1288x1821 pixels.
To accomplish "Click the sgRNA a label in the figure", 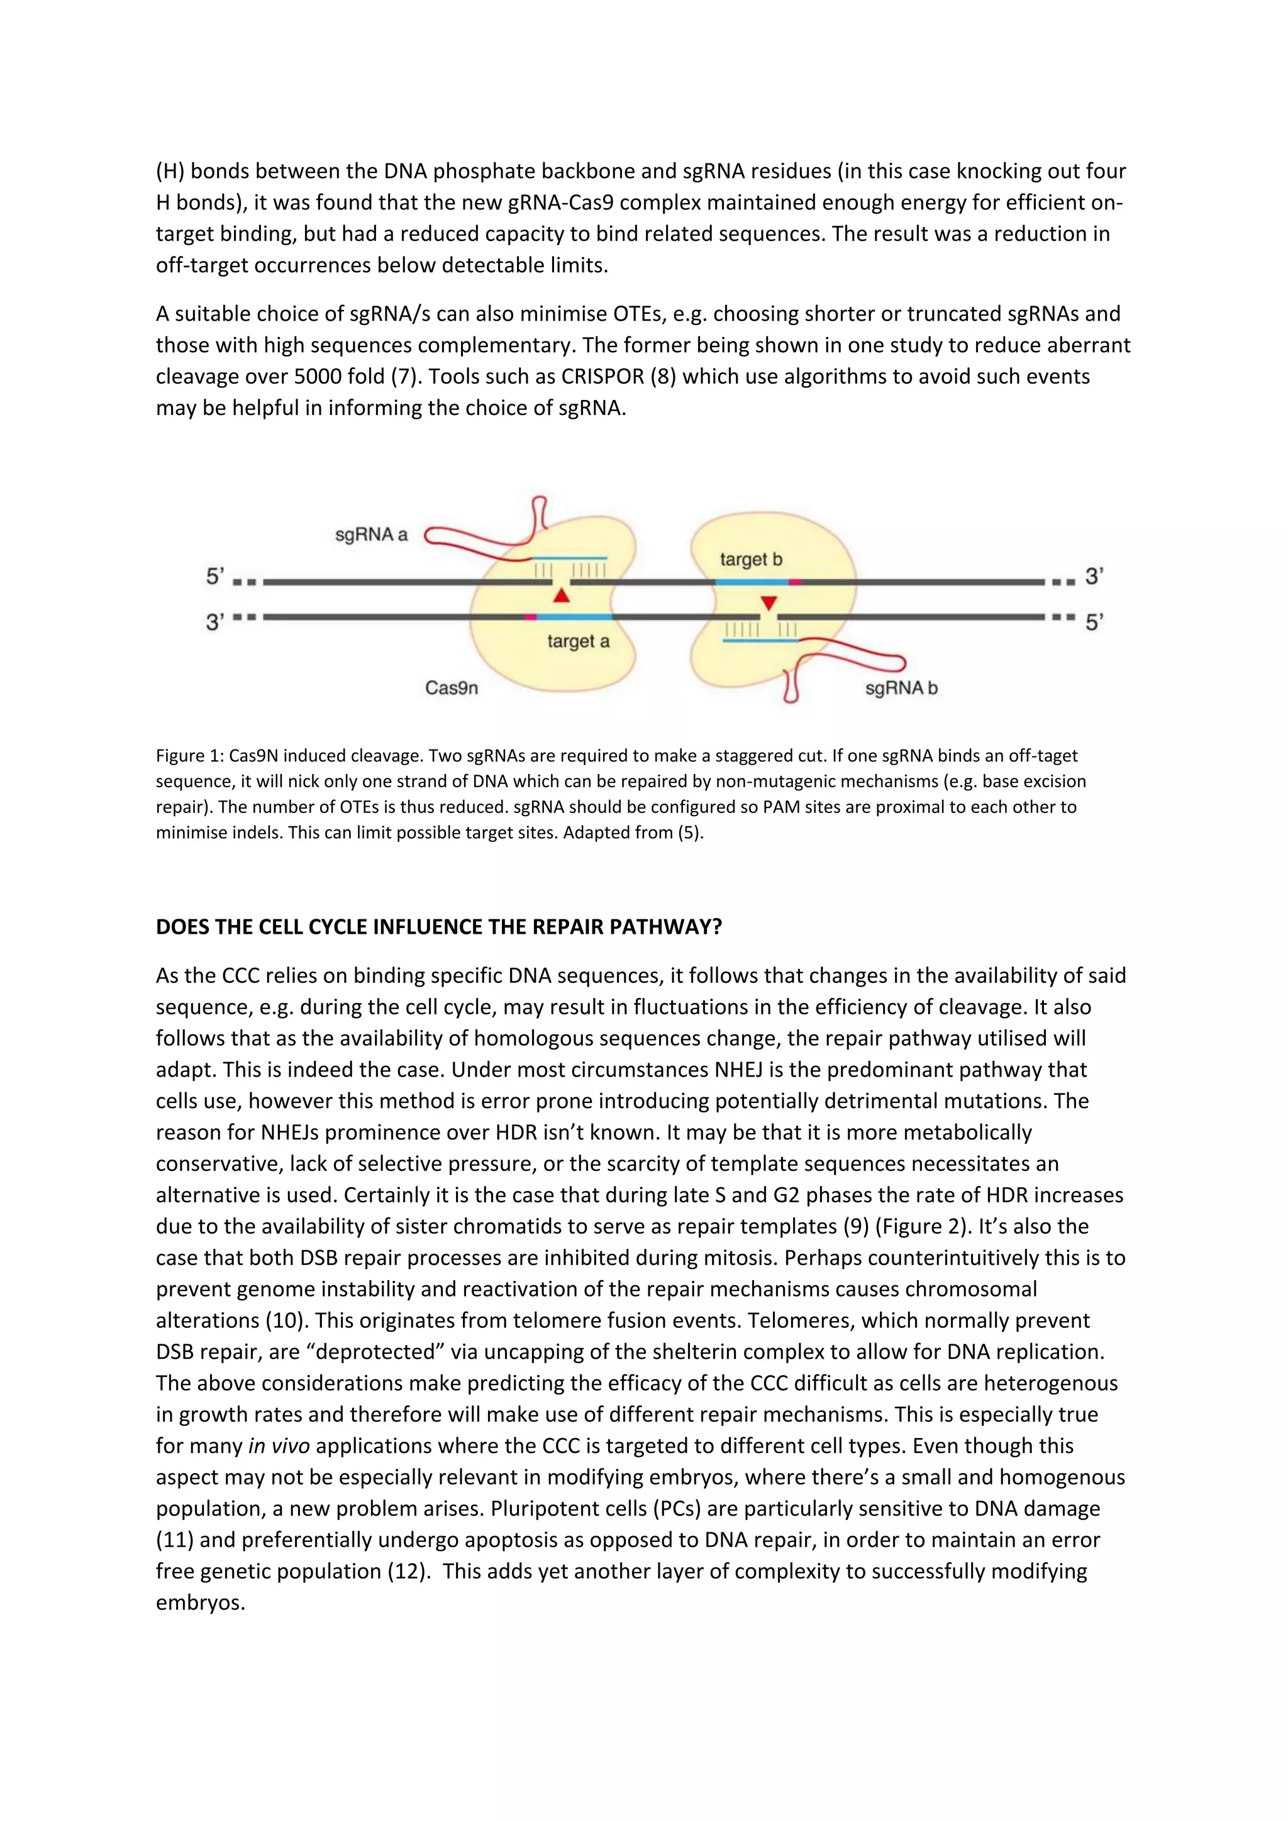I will pos(371,534).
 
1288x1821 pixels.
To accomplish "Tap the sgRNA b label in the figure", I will pos(901,688).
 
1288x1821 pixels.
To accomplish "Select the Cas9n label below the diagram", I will pos(452,688).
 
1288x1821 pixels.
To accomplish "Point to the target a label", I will pos(578,641).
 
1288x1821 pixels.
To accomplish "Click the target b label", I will pos(750,559).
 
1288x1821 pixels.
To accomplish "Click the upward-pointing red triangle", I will pos(562,595).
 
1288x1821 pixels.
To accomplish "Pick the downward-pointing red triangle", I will pos(768,604).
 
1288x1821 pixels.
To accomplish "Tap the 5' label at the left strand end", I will pos(215,577).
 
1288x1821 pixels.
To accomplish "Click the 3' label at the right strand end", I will pos(1094,577).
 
